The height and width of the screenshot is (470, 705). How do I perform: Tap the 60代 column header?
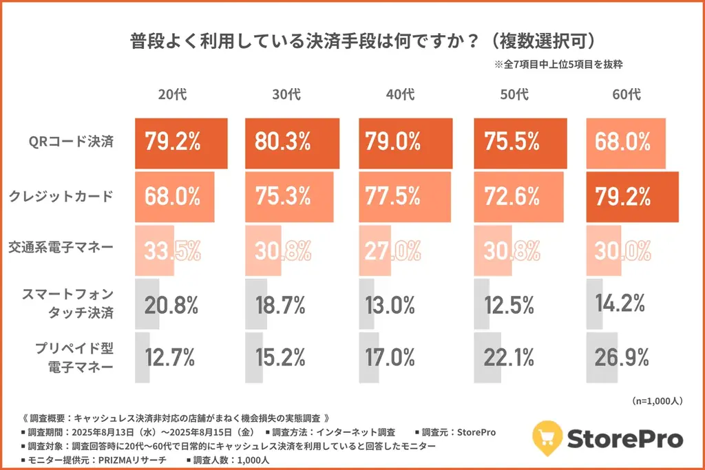(x=625, y=94)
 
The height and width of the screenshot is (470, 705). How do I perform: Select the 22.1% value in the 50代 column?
(x=509, y=357)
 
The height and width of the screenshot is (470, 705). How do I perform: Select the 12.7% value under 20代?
(x=170, y=357)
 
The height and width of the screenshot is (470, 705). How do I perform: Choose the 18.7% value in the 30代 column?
(x=282, y=303)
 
